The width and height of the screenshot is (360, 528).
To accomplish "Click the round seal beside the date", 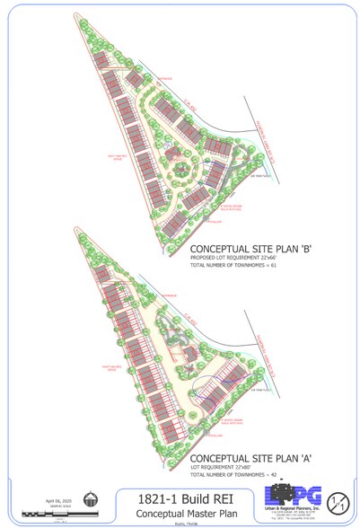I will point(90,500).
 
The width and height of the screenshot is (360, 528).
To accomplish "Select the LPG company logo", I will point(287,496).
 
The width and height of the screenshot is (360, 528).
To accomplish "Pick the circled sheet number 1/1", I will point(337,501).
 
